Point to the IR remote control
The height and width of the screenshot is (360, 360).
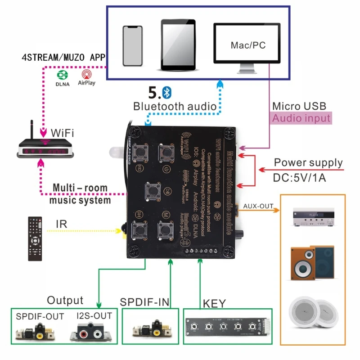click(x=35, y=238)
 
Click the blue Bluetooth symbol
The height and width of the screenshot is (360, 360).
click(x=166, y=93)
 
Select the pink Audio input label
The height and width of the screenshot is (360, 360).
click(x=301, y=118)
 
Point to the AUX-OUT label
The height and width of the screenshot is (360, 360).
click(x=258, y=206)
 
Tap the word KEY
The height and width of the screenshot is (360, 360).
click(x=214, y=303)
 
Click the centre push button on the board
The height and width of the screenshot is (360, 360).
click(x=153, y=191)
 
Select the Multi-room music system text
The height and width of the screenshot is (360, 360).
click(x=81, y=194)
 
